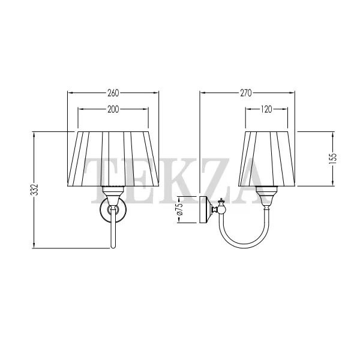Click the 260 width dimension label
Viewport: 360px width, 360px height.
113,93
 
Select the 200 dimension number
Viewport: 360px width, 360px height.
113,109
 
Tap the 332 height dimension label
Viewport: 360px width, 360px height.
34,190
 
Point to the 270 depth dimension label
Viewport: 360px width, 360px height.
246,93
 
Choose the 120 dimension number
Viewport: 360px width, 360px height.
266,109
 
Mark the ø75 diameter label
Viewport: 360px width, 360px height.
180,209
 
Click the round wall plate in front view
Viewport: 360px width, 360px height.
113,209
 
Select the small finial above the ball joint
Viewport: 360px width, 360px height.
221,202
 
